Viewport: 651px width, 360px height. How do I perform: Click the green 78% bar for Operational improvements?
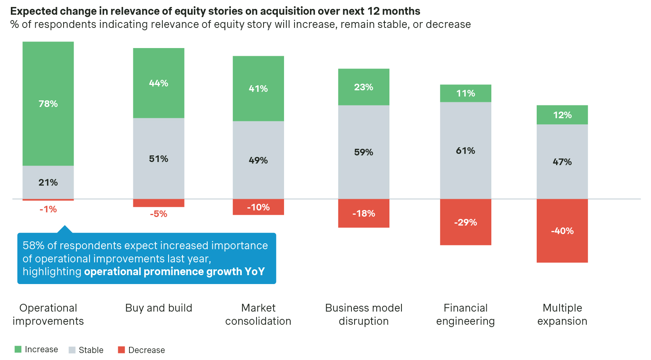pyautogui.click(x=48, y=103)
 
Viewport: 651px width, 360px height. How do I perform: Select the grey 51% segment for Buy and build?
pyautogui.click(x=158, y=158)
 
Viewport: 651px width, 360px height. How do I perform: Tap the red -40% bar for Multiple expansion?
pyautogui.click(x=562, y=231)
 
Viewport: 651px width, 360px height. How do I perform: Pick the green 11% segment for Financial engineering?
pyautogui.click(x=465, y=93)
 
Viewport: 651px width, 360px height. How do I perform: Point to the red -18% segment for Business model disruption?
pyautogui.click(x=363, y=213)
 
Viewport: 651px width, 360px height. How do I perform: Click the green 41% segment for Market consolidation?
pyautogui.click(x=258, y=88)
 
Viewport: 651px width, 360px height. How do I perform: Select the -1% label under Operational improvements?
pyautogui.click(x=48, y=209)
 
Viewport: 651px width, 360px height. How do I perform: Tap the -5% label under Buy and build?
pyautogui.click(x=158, y=214)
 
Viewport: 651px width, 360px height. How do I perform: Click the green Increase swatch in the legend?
pyautogui.click(x=18, y=349)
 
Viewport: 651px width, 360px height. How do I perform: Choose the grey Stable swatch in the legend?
pyautogui.click(x=72, y=350)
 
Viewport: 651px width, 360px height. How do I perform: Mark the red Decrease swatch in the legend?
pyautogui.click(x=121, y=350)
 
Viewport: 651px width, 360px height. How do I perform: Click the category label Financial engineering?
pyautogui.click(x=465, y=314)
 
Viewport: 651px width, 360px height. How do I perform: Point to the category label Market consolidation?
pyautogui.click(x=258, y=314)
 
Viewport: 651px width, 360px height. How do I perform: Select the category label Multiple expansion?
pyautogui.click(x=562, y=314)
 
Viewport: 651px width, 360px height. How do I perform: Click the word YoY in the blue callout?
pyautogui.click(x=255, y=272)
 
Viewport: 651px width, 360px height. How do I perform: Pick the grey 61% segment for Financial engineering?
pyautogui.click(x=465, y=151)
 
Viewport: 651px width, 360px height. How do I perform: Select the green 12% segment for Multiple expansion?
pyautogui.click(x=562, y=115)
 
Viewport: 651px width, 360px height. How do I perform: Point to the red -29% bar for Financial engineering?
pyautogui.click(x=465, y=222)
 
